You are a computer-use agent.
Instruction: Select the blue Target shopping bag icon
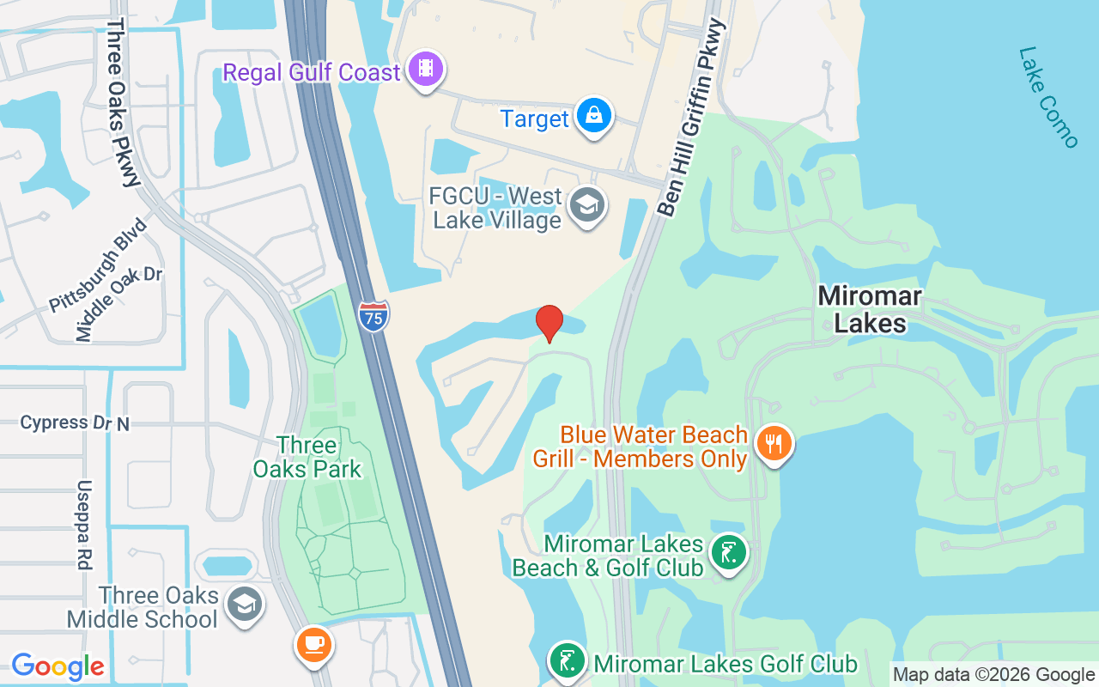coord(593,116)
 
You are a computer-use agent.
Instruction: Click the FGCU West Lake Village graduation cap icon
coord(588,205)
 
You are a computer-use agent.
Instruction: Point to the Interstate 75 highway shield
coord(373,316)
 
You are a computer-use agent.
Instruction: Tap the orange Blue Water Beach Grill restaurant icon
coord(774,444)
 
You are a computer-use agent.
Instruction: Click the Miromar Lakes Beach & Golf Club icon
coord(729,554)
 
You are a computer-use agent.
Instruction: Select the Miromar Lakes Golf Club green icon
coord(568,662)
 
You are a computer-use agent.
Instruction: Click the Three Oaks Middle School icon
coord(245,605)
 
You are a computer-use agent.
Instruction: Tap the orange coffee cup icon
coord(314,644)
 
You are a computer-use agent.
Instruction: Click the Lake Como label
coord(1047,97)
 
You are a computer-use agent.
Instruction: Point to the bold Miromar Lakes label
coord(870,310)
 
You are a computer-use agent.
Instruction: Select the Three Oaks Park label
coord(307,457)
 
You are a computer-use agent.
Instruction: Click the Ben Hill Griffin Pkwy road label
coord(691,118)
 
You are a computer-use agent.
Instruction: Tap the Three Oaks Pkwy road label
coord(122,103)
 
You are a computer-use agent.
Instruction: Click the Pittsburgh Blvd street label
coord(98,264)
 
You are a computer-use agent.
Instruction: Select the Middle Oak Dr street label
coord(118,303)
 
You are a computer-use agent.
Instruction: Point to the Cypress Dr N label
coord(75,423)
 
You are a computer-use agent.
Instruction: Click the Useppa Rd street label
coord(83,524)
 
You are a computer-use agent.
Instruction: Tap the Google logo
coord(58,666)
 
